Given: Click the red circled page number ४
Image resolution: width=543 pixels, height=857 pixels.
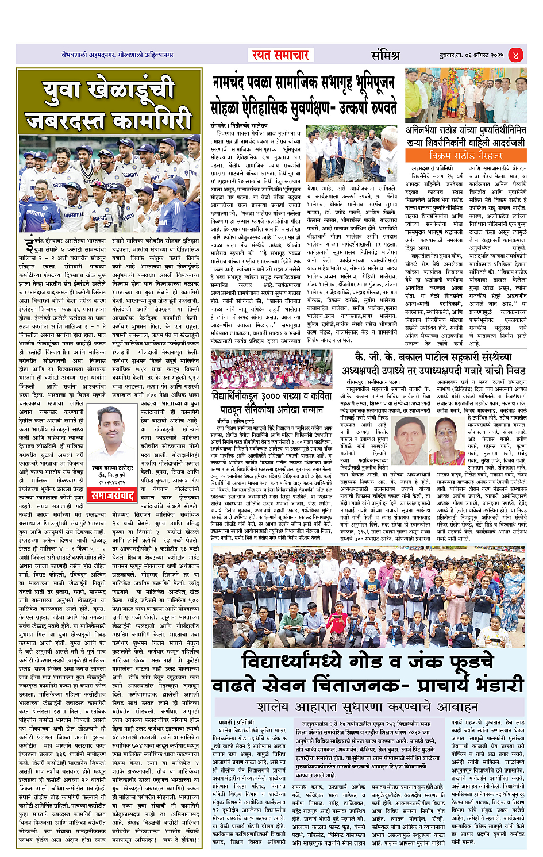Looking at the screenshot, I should pyautogui.click(x=515, y=55).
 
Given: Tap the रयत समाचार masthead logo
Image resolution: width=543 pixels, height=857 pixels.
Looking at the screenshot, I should pyautogui.click(x=280, y=55).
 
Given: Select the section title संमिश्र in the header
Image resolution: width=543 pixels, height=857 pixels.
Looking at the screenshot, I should pyautogui.click(x=385, y=55).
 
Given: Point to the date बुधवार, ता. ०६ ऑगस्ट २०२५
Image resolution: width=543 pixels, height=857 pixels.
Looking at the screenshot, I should pyautogui.click(x=468, y=55).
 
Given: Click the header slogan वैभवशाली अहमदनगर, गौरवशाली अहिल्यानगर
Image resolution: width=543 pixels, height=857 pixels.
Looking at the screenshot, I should pyautogui.click(x=117, y=55).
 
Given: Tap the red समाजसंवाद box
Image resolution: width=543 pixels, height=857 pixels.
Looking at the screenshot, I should pyautogui.click(x=113, y=495).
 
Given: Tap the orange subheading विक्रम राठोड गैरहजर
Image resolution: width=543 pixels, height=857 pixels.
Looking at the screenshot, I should pyautogui.click(x=465, y=156).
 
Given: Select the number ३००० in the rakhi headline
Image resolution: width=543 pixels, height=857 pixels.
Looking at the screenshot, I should pyautogui.click(x=271, y=396).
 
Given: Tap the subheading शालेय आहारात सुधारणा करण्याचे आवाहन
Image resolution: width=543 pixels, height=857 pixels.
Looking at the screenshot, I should pyautogui.click(x=368, y=706).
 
